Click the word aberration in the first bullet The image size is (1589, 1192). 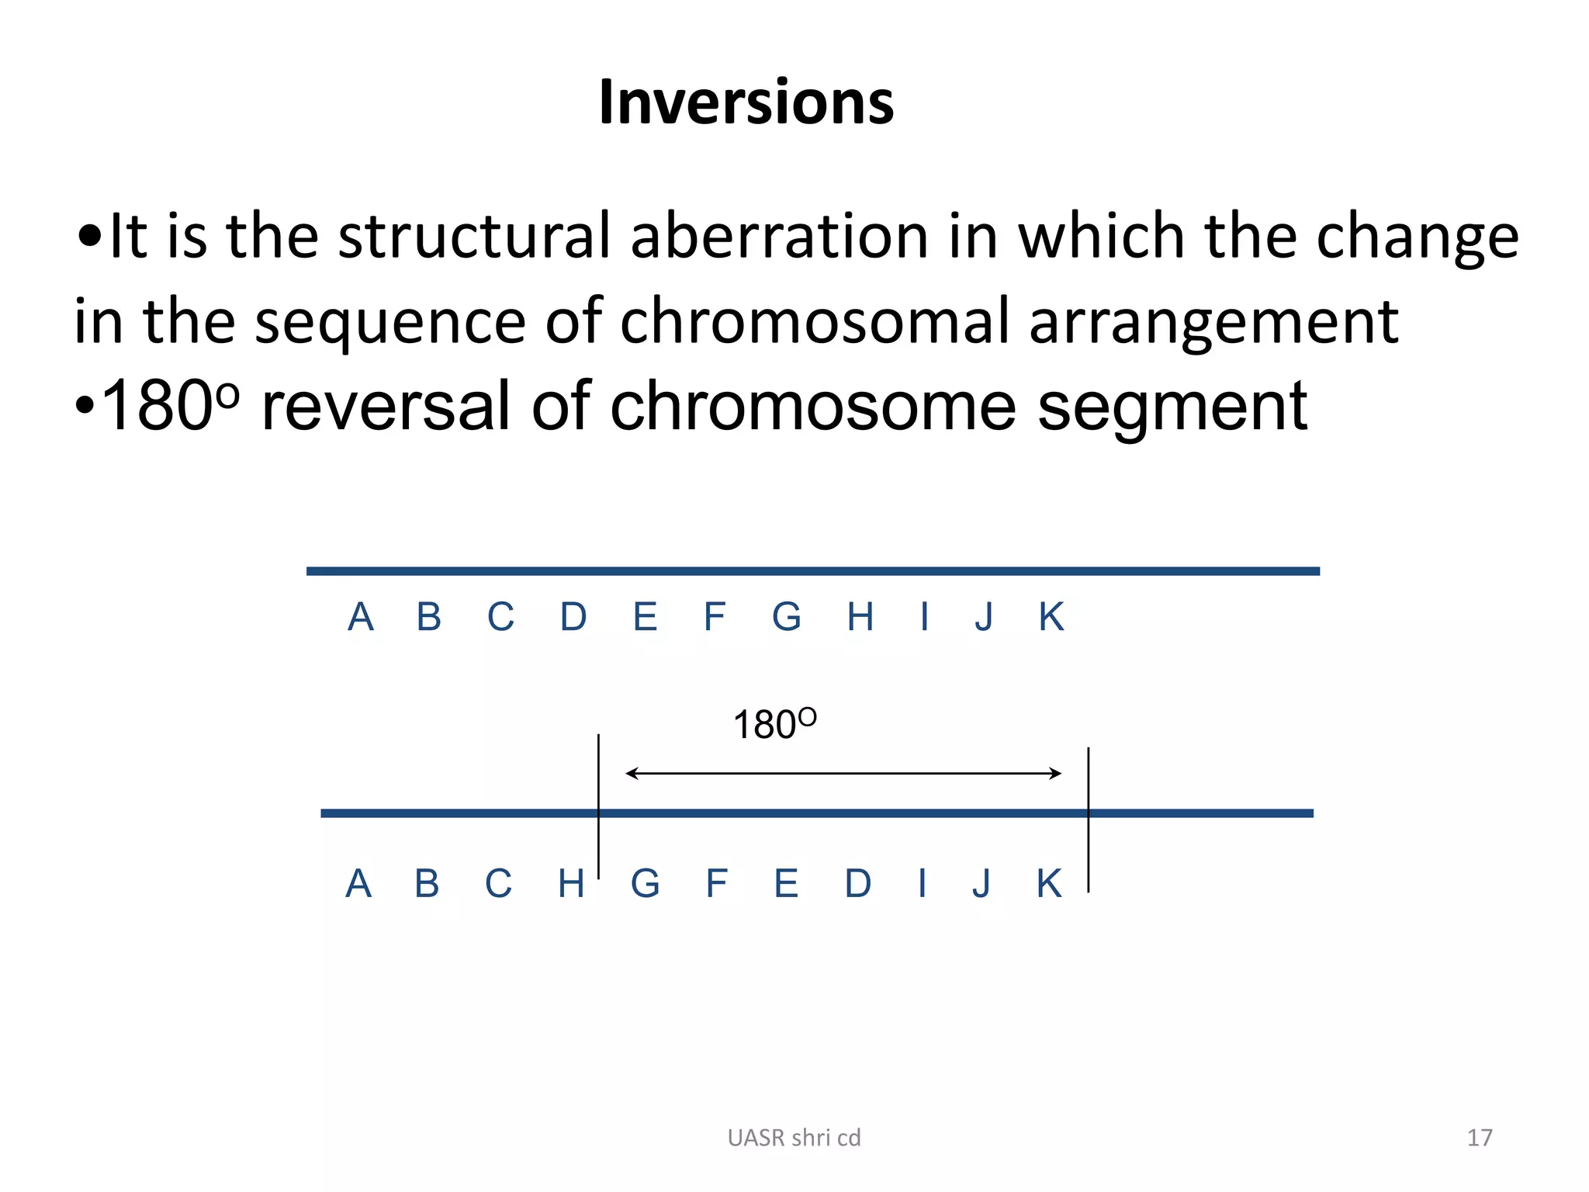point(779,236)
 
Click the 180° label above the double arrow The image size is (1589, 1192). point(774,724)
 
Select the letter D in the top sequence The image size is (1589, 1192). point(573,618)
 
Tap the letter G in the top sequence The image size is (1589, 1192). point(786,618)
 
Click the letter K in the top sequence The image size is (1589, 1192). point(1051,618)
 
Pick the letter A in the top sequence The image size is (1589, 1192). point(360,618)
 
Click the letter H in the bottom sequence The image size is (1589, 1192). point(570,884)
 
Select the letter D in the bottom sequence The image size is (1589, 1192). point(857,884)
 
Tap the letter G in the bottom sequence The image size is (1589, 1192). point(645,884)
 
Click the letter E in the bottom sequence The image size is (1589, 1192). point(786,884)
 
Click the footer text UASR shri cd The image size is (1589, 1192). point(794,1138)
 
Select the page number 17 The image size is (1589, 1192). point(1479,1138)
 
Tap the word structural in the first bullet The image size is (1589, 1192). point(474,236)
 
